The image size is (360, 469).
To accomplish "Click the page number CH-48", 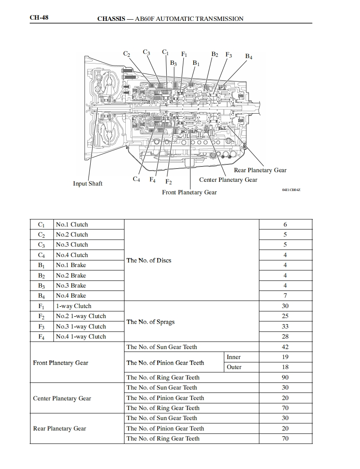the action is pos(39,18).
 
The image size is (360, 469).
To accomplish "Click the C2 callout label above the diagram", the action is pos(127,54).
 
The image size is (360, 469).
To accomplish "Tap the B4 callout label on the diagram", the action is pos(248,56).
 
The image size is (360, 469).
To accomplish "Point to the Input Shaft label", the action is pos(88,184).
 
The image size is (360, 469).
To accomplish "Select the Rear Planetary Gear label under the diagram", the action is pos(260,170).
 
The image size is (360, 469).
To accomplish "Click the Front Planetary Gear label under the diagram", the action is pos(190,192).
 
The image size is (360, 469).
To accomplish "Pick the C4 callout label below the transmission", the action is pos(136,179).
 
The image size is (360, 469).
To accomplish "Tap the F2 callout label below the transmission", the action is pos(168,182).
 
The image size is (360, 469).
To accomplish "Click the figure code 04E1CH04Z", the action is pos(291,190).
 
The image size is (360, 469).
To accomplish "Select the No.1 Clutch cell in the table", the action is pos(72,224).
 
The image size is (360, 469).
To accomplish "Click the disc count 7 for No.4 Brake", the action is pos(285,296).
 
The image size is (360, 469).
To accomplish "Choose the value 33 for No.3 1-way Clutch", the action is pos(285,326).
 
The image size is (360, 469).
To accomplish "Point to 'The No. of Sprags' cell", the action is pos(150,322).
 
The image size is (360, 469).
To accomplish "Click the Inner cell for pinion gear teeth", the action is pos(233,357).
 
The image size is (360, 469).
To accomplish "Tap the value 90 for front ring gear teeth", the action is pos(285,377).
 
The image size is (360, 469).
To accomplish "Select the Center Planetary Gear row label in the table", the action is pos(62,398).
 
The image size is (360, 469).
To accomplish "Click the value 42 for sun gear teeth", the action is pos(285,347).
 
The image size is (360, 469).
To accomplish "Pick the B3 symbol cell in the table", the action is pos(41,285).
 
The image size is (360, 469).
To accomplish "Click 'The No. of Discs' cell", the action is pos(149,260).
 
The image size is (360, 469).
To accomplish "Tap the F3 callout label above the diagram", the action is pos(228,55).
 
